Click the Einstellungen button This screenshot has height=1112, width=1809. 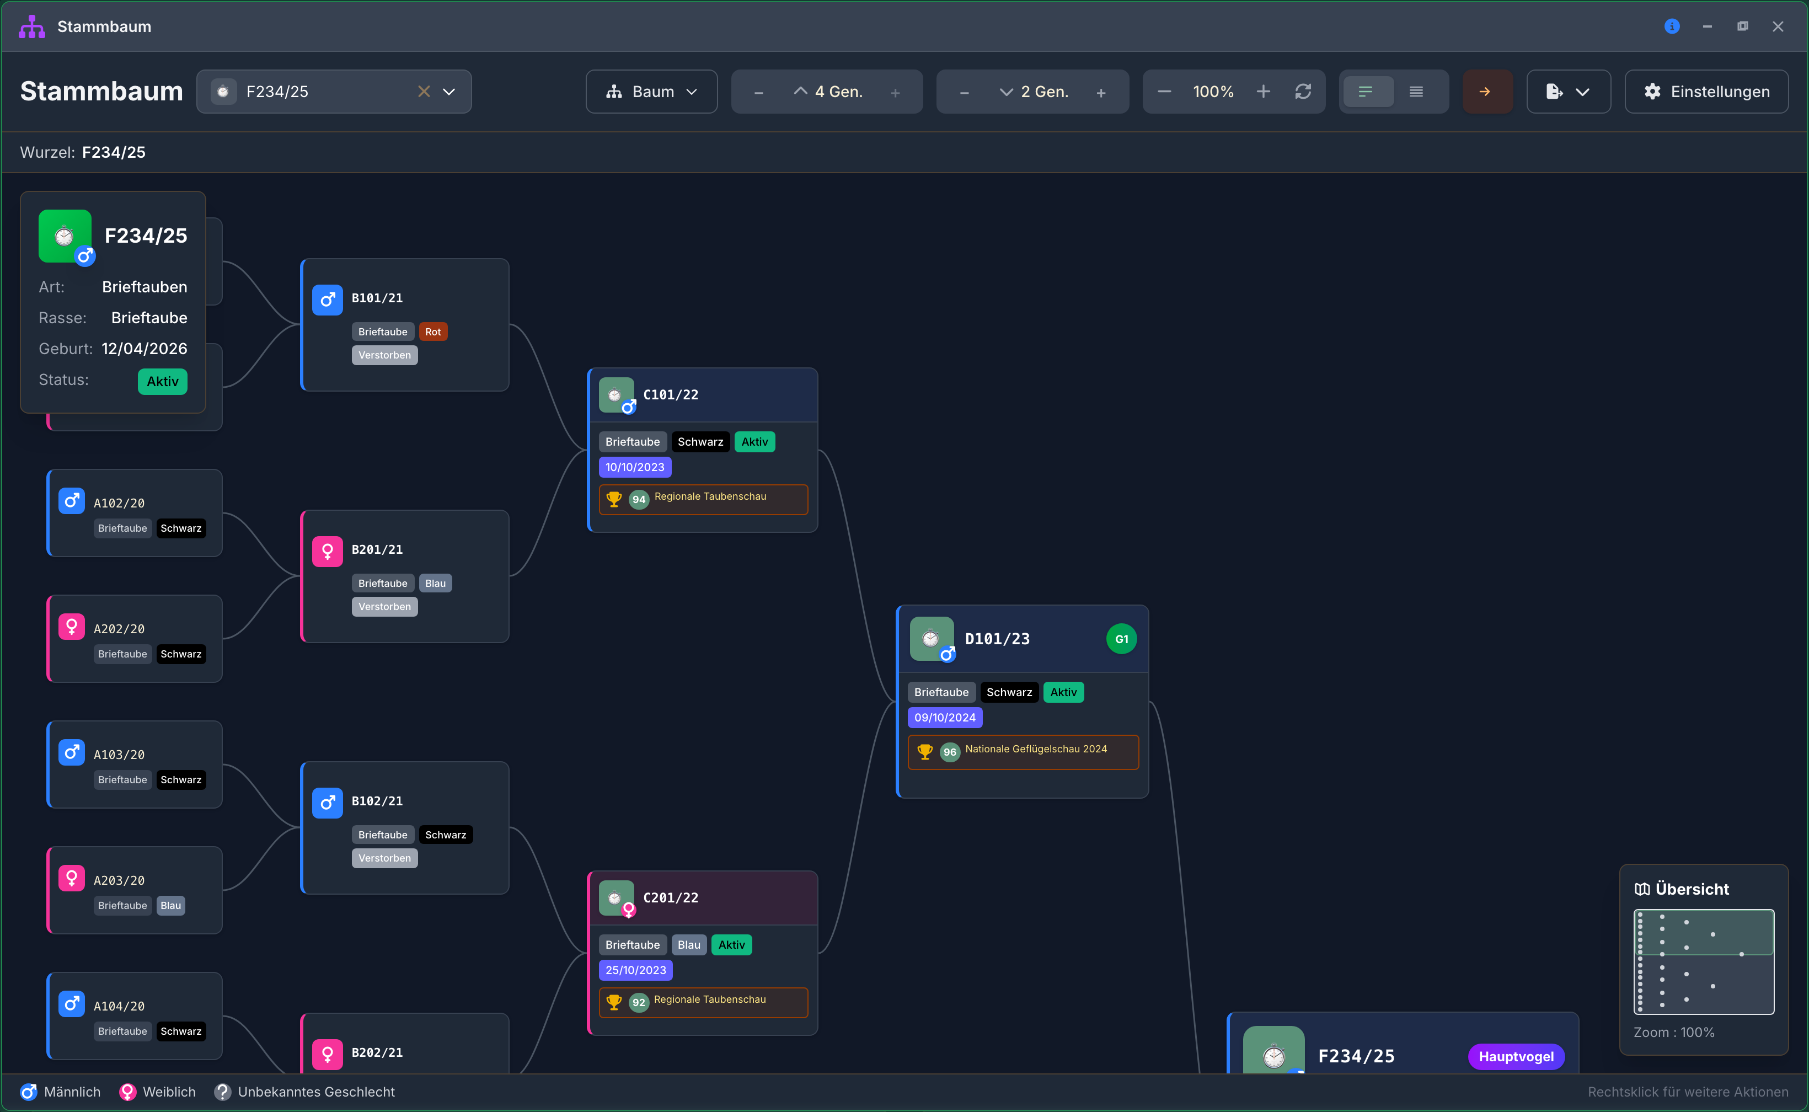[1706, 92]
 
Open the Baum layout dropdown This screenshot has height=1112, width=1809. [651, 92]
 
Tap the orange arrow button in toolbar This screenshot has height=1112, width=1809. [1486, 92]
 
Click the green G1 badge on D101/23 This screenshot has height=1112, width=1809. [1121, 639]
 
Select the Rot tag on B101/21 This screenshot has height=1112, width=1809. [433, 332]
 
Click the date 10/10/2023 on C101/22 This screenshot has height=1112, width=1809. [635, 467]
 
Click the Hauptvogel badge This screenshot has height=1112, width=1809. [1516, 1057]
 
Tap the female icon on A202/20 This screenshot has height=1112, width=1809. [71, 627]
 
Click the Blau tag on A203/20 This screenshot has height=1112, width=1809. [170, 905]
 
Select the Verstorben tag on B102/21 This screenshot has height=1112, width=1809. [384, 858]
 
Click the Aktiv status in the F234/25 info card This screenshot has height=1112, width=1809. [163, 382]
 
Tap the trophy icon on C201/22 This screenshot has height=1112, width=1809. [614, 1002]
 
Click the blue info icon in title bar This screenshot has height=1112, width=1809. [1672, 26]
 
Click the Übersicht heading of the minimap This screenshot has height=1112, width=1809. [1692, 889]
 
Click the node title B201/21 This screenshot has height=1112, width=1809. [377, 549]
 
